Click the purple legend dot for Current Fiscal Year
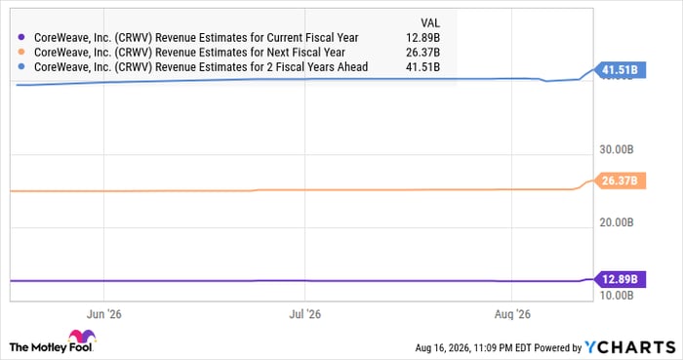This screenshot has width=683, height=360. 21,38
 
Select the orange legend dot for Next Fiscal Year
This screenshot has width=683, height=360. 21,53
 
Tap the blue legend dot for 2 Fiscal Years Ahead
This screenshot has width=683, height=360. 21,67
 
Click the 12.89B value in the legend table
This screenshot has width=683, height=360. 422,38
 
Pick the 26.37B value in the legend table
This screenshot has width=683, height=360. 422,53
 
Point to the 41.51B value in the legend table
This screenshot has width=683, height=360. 422,67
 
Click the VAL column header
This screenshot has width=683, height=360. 430,23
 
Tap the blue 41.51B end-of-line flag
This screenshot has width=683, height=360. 620,69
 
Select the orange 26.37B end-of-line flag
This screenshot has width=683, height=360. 620,180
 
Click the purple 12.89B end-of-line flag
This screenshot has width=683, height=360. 620,279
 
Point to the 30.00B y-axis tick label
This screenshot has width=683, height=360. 617,149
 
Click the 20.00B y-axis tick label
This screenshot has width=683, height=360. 617,222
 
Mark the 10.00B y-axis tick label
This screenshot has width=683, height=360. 617,296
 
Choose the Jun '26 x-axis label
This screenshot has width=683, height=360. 103,314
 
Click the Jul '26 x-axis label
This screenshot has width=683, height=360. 304,314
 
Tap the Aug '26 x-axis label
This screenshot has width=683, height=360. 512,314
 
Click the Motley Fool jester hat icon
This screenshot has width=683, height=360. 82,337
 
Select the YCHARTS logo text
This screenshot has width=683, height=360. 630,347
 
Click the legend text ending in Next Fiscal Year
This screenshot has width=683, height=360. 189,53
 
